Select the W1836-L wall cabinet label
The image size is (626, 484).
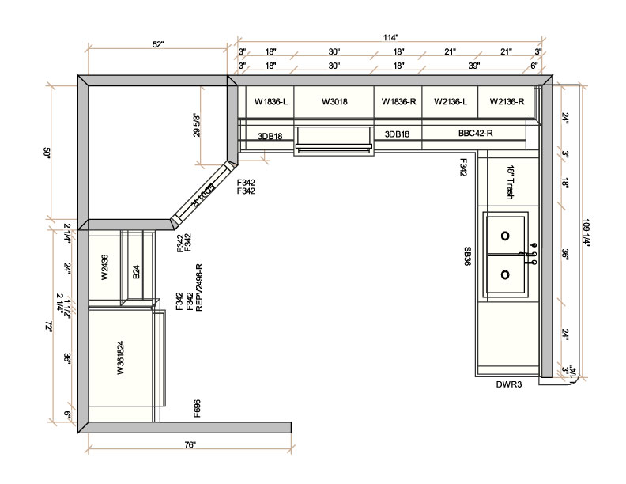click(x=270, y=102)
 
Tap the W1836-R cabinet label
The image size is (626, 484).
click(x=398, y=102)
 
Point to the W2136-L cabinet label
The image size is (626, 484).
click(x=450, y=102)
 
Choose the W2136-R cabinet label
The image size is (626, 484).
click(x=507, y=102)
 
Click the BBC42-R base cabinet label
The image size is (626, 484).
click(x=476, y=134)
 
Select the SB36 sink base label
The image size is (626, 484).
click(x=467, y=256)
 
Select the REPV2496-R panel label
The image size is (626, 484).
click(x=199, y=287)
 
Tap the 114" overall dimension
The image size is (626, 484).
click(x=390, y=36)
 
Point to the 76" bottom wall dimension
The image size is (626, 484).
click(x=190, y=445)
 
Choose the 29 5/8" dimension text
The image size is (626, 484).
click(x=195, y=124)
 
